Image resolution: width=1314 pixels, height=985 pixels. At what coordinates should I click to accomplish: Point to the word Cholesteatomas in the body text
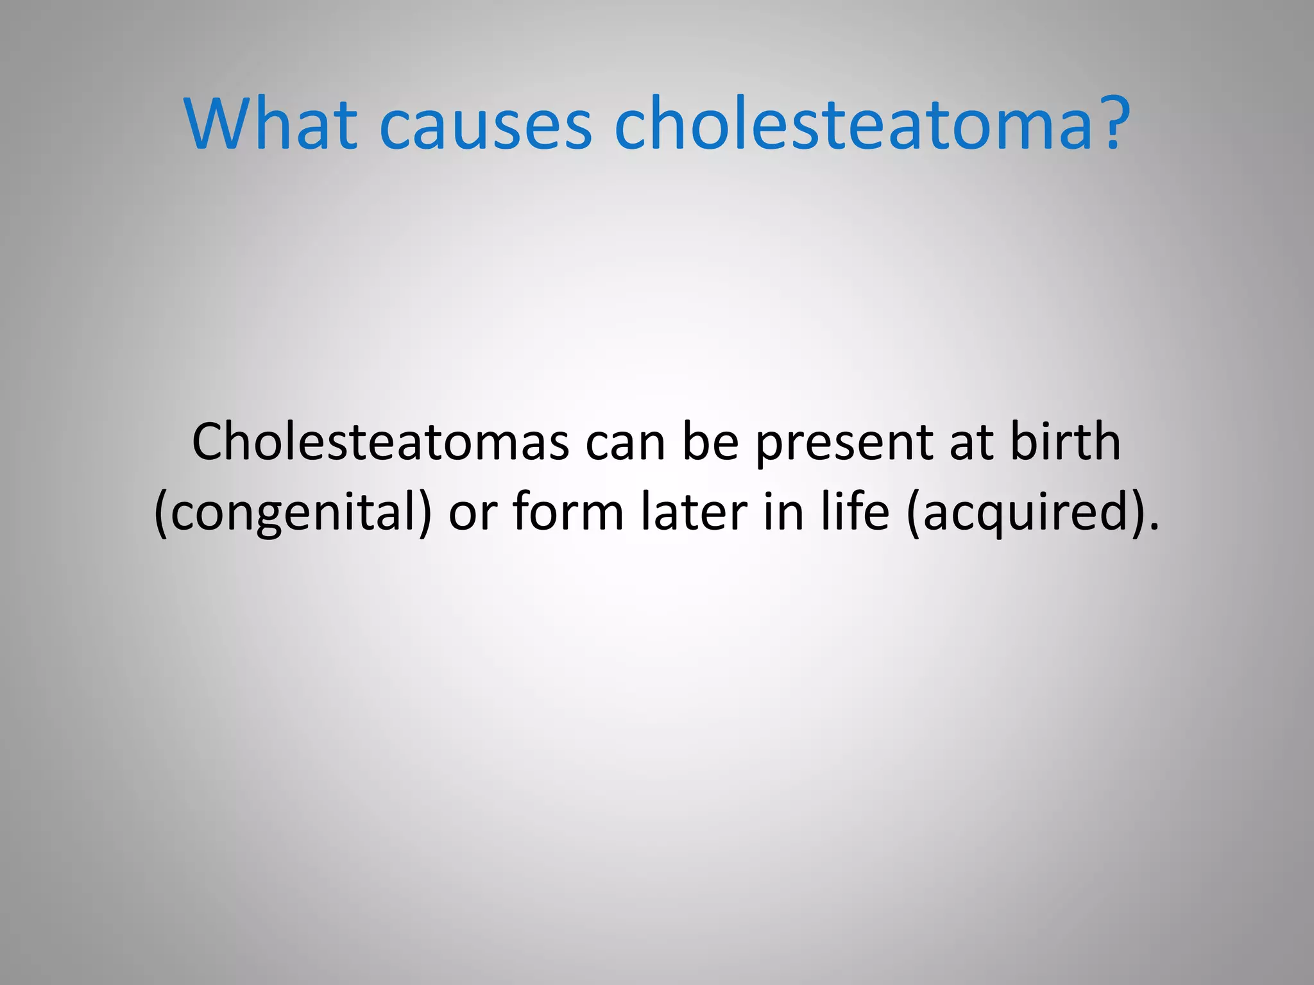point(380,442)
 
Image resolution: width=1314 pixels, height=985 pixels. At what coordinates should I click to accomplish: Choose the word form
point(568,511)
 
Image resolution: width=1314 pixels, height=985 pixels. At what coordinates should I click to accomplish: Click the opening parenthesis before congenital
point(161,514)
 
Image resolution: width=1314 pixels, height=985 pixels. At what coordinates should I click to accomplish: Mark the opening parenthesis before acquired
point(914,514)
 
